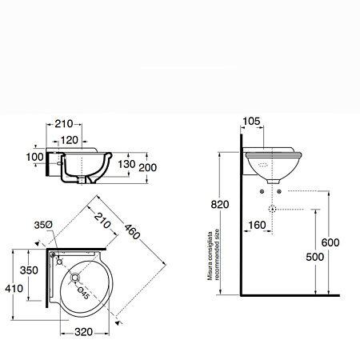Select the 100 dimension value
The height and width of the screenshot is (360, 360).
[x=34, y=158]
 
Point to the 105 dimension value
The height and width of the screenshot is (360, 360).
[x=252, y=122]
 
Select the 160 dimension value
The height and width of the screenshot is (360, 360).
[x=258, y=226]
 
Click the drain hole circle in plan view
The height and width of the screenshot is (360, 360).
[x=75, y=278]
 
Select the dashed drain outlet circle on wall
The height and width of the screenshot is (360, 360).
[x=273, y=210]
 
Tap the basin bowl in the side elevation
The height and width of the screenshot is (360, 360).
[x=276, y=167]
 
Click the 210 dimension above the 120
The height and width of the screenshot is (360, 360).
[x=66, y=125]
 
